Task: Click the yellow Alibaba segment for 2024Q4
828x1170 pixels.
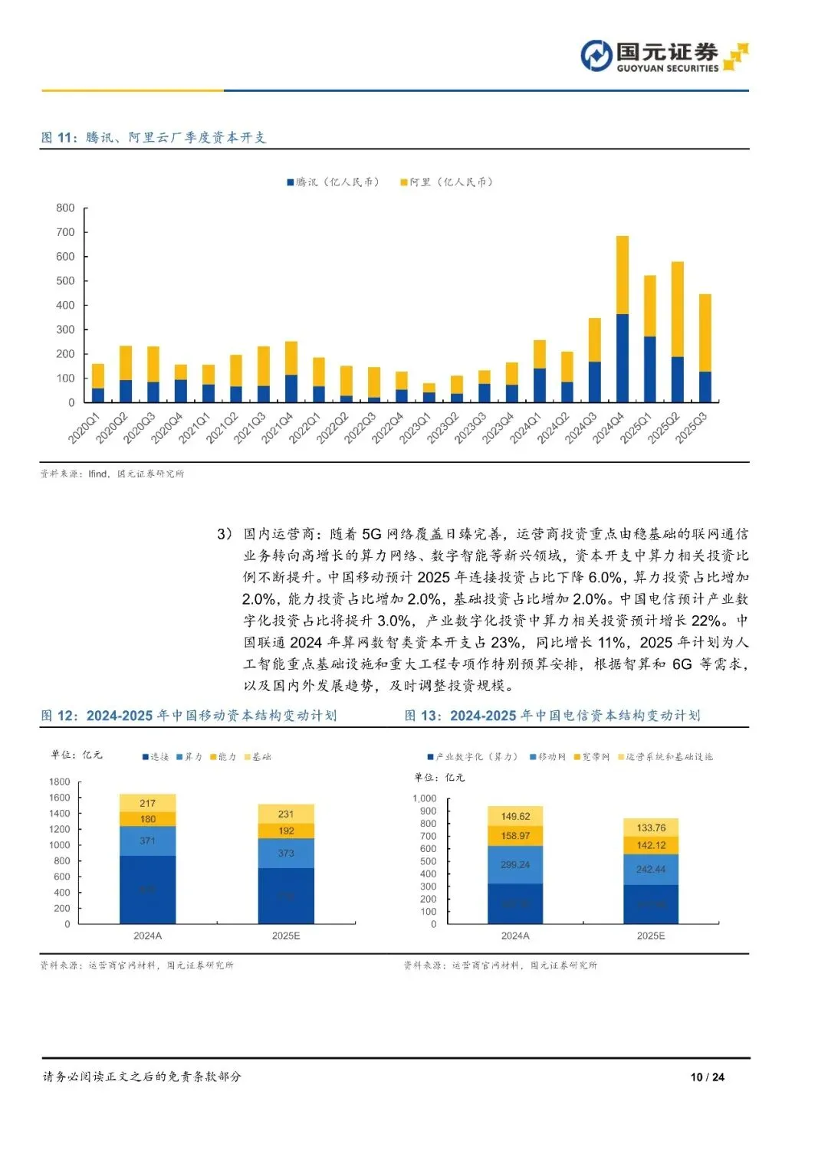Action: (x=623, y=274)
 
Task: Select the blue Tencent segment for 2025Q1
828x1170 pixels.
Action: (x=650, y=369)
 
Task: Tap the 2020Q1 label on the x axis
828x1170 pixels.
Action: (x=84, y=428)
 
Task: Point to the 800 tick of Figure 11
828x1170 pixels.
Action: (x=65, y=208)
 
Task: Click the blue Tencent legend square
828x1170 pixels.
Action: (x=291, y=182)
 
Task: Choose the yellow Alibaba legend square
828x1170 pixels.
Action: (x=403, y=182)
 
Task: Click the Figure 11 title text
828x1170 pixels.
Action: (x=153, y=137)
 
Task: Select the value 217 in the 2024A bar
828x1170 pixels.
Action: (x=148, y=803)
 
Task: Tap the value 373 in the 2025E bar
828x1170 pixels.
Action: (x=286, y=853)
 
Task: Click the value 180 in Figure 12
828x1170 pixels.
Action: (x=148, y=819)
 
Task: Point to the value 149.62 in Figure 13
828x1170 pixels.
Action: (x=515, y=816)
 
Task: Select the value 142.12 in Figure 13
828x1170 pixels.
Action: (x=651, y=845)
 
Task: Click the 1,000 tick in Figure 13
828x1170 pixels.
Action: (x=425, y=798)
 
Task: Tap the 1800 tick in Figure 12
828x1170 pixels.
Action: (x=59, y=782)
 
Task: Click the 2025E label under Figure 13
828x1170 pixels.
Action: (x=651, y=936)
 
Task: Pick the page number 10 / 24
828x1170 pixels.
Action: (x=707, y=1077)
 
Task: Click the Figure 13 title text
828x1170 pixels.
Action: (x=552, y=715)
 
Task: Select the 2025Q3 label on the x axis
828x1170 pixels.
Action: (x=691, y=428)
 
